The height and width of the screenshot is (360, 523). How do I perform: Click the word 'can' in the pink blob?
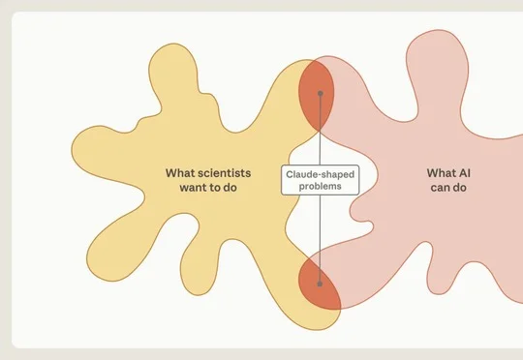[440, 188]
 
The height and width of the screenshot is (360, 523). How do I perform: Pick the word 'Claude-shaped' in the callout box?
[321, 174]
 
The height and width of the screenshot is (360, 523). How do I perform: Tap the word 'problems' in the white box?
[321, 186]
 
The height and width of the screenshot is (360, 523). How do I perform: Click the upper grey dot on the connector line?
[321, 93]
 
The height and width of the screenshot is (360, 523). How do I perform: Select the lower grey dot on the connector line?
[320, 284]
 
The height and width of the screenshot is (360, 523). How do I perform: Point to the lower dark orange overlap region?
[320, 285]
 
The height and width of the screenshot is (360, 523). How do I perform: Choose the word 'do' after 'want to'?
[230, 188]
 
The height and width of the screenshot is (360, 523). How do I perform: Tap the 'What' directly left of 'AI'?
[439, 173]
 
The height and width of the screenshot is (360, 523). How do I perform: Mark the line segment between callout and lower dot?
[320, 238]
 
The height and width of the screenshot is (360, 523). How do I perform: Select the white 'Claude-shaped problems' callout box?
[321, 180]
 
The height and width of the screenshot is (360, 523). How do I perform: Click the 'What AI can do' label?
[448, 180]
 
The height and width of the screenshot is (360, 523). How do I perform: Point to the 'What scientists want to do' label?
[208, 180]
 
